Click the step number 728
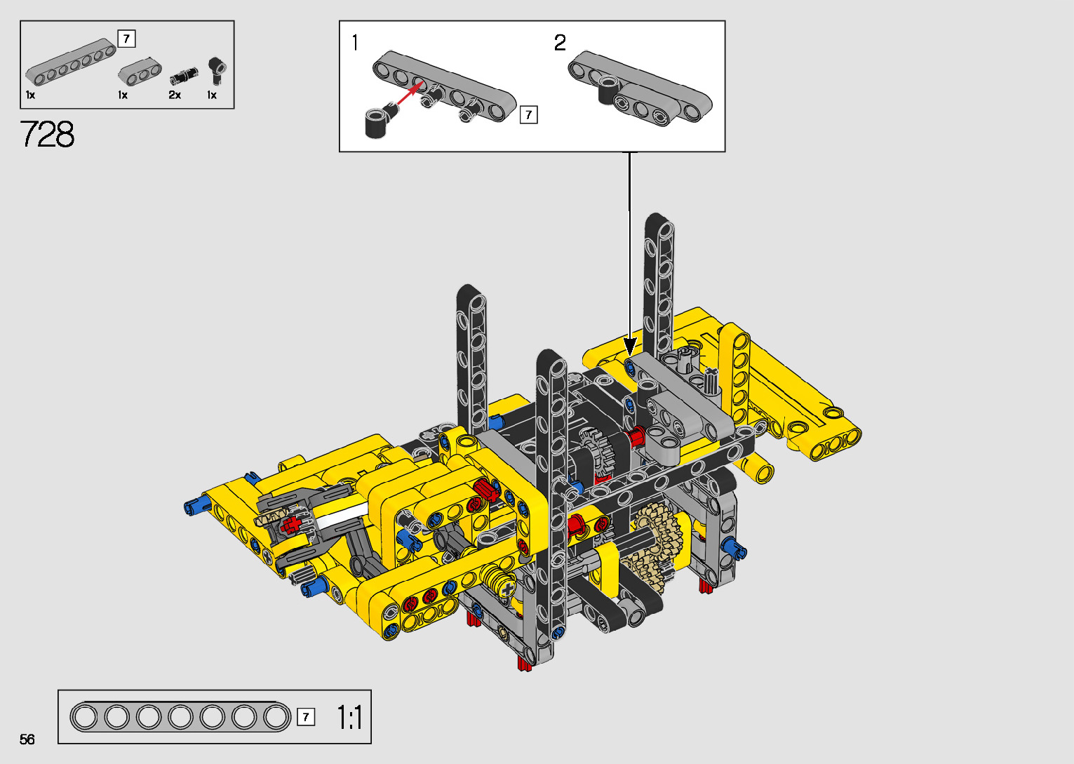click(47, 134)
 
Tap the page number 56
click(27, 739)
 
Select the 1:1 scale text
click(349, 718)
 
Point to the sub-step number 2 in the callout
click(560, 43)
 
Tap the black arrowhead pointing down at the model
click(630, 346)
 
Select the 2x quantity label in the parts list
click(175, 95)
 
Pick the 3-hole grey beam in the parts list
click(140, 72)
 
